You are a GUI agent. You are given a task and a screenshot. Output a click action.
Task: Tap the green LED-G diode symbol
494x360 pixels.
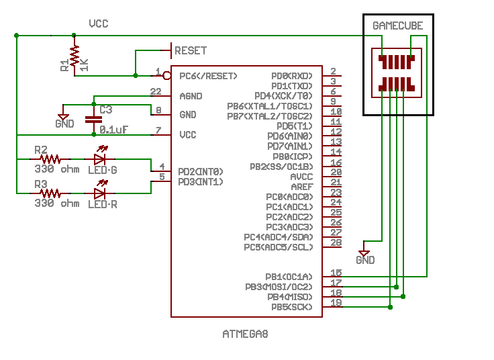[x=101, y=159]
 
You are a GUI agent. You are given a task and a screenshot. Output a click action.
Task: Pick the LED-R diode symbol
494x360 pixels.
[x=101, y=193]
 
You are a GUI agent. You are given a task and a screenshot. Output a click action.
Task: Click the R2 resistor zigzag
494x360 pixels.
[x=50, y=159]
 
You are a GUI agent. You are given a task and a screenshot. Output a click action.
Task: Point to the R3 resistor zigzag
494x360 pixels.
[x=50, y=193]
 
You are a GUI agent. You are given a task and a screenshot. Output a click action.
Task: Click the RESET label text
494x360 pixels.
[x=191, y=50]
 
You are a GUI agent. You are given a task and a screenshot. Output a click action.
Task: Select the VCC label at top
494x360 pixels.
[x=99, y=24]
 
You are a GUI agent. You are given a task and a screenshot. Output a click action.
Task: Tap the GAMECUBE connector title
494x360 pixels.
[x=398, y=26]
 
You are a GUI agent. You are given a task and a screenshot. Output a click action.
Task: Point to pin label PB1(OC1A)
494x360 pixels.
[x=289, y=277]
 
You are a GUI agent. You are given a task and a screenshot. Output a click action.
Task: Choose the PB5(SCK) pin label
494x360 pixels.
[x=291, y=307]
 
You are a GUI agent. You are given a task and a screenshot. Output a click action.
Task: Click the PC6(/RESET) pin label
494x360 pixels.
[x=208, y=76]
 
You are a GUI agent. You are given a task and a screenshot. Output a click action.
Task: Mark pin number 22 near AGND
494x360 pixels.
[x=156, y=91]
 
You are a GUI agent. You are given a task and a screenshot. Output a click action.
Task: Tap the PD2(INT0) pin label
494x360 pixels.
[x=201, y=171]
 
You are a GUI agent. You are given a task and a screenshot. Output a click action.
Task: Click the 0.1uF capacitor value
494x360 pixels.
[x=115, y=129]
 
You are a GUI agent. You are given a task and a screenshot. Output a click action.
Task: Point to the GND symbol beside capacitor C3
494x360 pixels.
[x=64, y=119]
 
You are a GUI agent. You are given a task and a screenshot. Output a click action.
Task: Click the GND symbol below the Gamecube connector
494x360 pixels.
[x=365, y=255]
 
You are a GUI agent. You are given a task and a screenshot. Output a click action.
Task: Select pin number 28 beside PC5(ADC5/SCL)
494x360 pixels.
[x=336, y=242]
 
